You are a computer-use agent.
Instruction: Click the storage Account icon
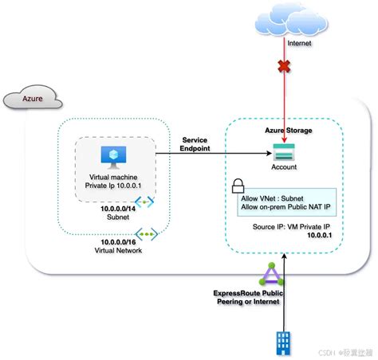pyautogui.click(x=283, y=151)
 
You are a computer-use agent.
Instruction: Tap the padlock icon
pyautogui.click(x=237, y=188)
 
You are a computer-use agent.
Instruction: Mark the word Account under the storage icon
pyautogui.click(x=283, y=167)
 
